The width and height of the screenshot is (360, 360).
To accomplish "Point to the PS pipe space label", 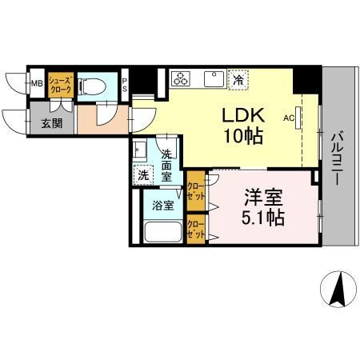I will [126, 84].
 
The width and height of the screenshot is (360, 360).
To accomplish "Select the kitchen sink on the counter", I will [213, 78].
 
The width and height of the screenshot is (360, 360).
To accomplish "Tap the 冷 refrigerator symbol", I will [238, 79].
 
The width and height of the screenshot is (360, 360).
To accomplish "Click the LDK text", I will [241, 114].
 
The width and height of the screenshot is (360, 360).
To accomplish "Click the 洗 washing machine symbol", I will [142, 174].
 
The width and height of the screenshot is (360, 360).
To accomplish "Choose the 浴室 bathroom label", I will [162, 205].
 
